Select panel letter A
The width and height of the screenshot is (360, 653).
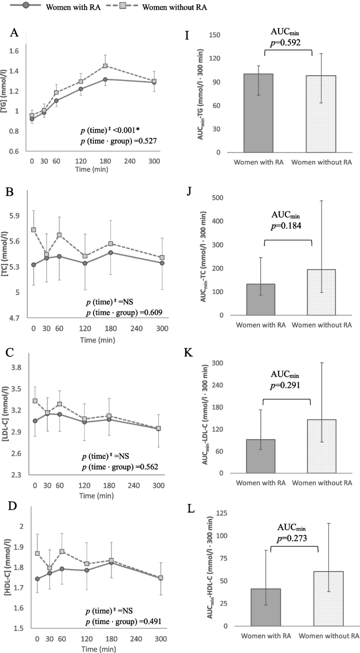click(x=15, y=34)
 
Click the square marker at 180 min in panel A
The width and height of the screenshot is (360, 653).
click(x=105, y=66)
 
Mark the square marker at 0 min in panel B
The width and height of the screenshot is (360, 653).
click(x=34, y=230)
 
